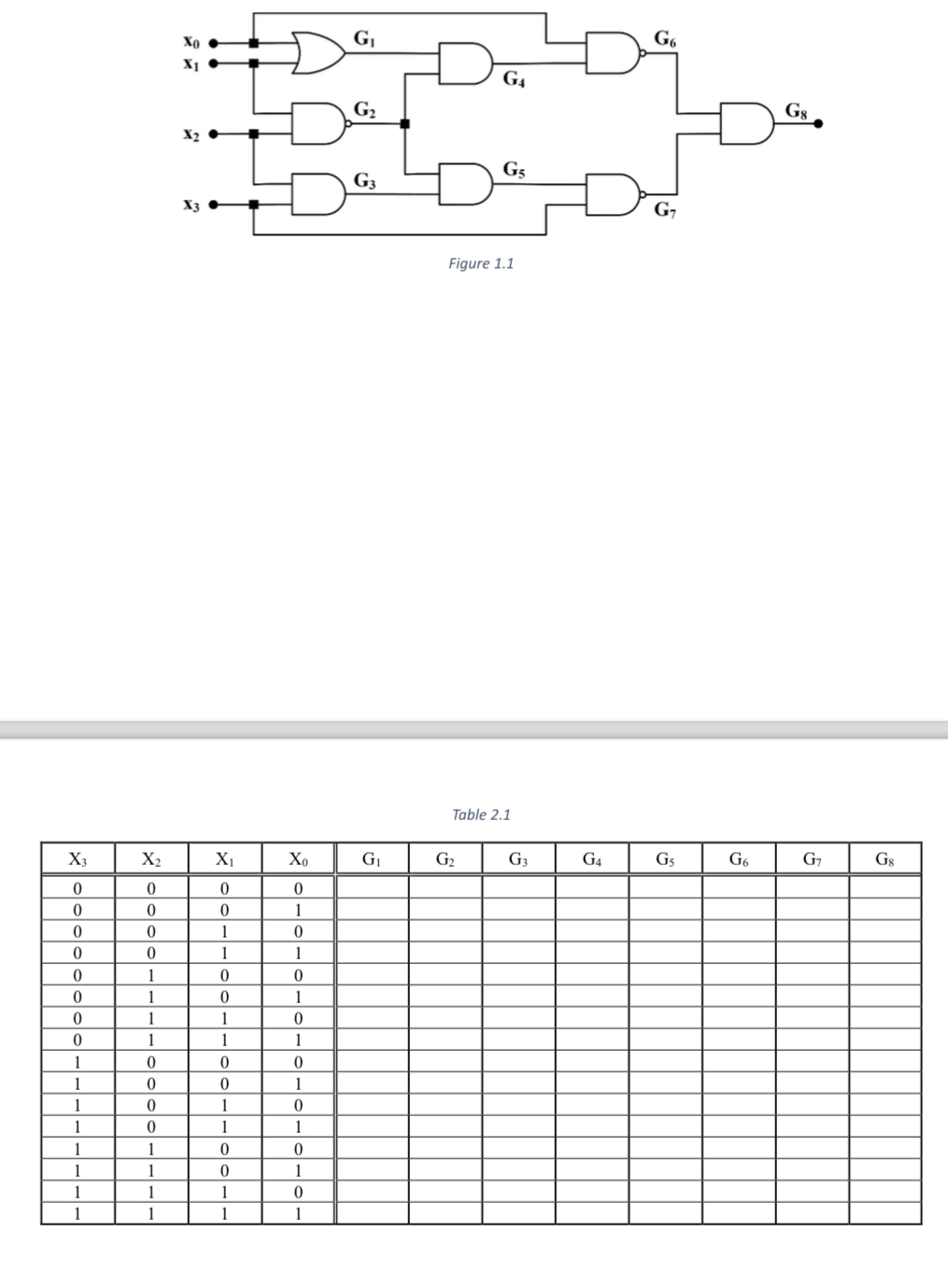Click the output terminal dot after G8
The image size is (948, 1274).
pyautogui.click(x=818, y=123)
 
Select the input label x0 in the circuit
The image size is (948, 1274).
pyautogui.click(x=191, y=42)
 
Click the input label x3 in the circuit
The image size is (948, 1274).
pyautogui.click(x=191, y=205)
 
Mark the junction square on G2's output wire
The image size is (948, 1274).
pyautogui.click(x=404, y=123)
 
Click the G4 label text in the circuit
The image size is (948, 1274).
pyautogui.click(x=514, y=79)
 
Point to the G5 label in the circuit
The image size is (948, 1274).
pyautogui.click(x=514, y=169)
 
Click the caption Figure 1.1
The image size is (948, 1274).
pyautogui.click(x=481, y=263)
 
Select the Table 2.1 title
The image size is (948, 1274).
pyautogui.click(x=481, y=814)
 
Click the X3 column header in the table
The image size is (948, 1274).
pyautogui.click(x=78, y=858)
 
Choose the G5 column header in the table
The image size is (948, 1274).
pyautogui.click(x=664, y=858)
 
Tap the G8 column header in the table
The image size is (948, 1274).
pyautogui.click(x=884, y=858)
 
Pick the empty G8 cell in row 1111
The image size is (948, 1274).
pyautogui.click(x=884, y=1214)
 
